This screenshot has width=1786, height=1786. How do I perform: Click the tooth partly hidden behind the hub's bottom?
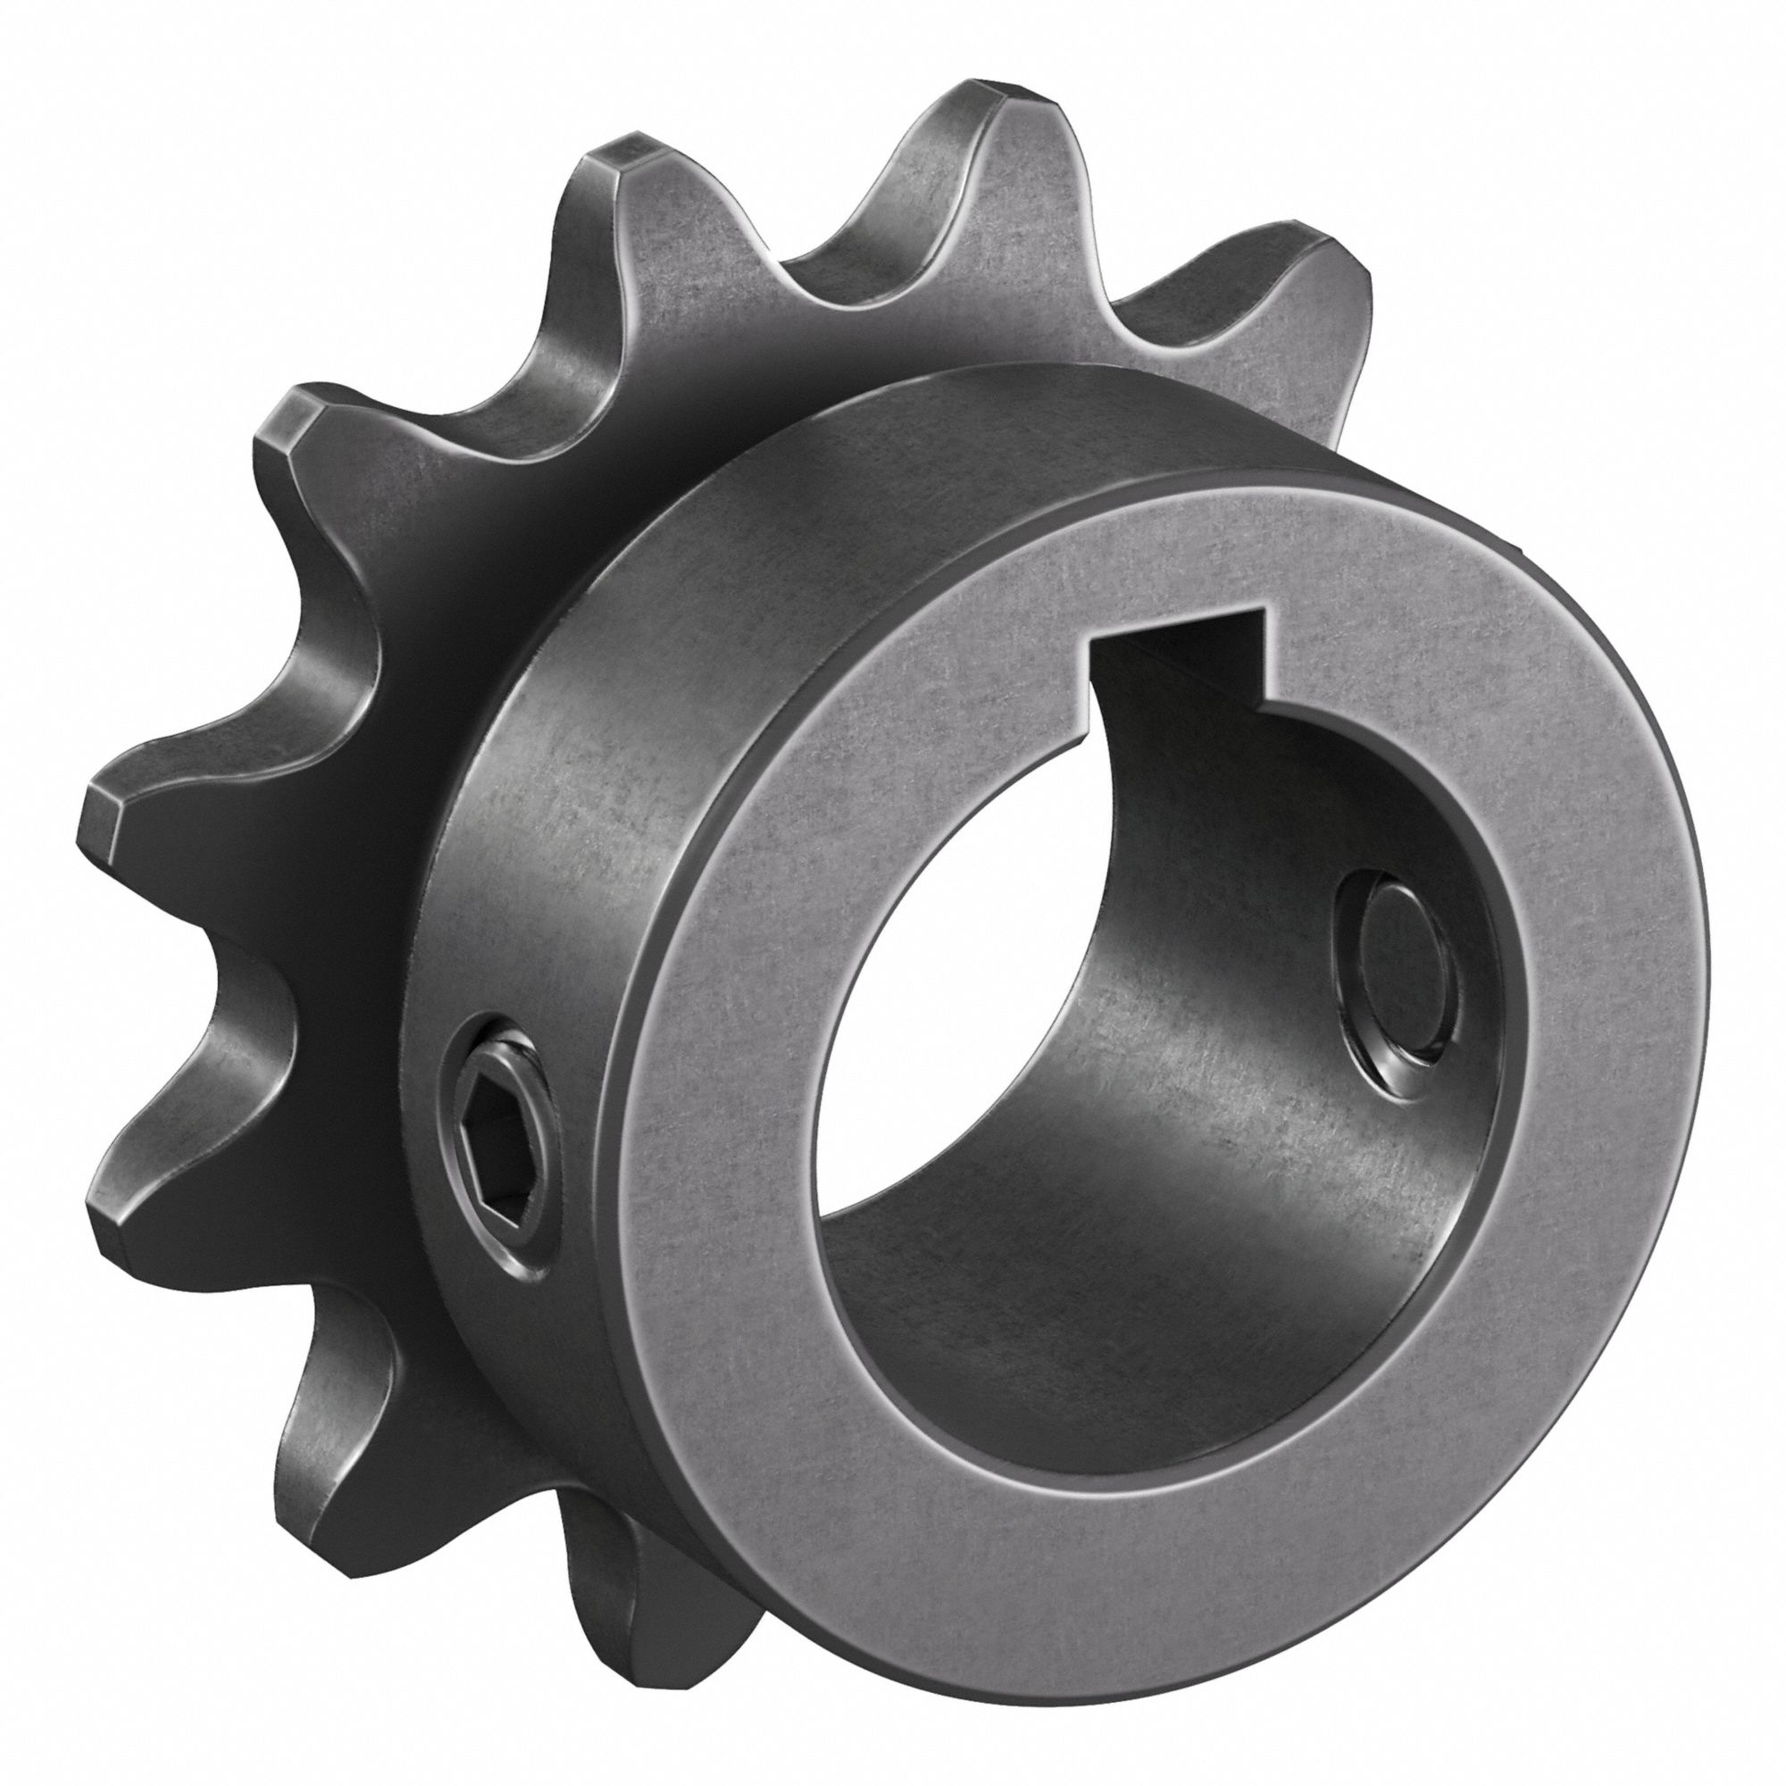pyautogui.click(x=638, y=1516)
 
